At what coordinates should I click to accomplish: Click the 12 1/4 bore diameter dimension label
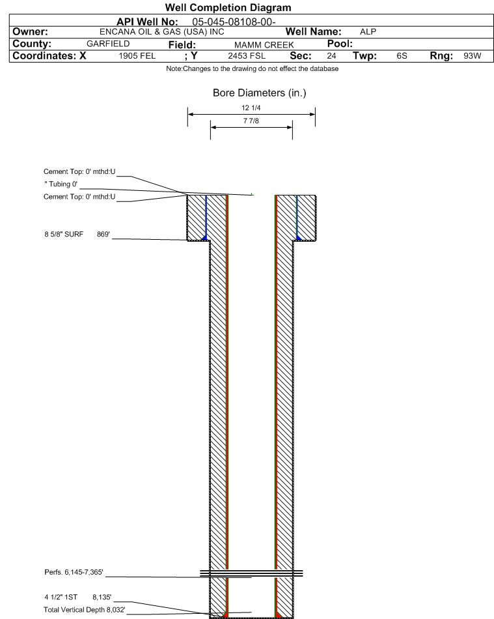[x=251, y=108]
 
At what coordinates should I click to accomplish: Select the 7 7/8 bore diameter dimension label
[x=251, y=121]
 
